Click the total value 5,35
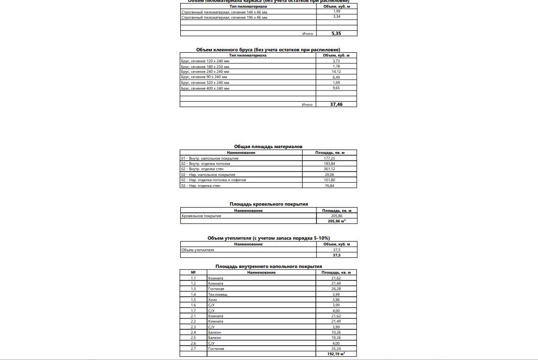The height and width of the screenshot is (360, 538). (x=336, y=34)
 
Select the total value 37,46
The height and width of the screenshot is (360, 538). (x=336, y=104)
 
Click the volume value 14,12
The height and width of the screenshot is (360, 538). (x=336, y=72)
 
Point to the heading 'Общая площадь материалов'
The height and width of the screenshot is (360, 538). (x=268, y=147)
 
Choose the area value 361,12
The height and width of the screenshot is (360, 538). (x=329, y=169)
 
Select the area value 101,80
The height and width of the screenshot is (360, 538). (x=329, y=180)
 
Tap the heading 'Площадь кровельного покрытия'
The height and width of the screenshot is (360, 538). (x=269, y=204)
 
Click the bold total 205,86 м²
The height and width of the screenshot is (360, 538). (x=337, y=221)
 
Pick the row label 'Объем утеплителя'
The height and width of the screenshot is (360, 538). (x=198, y=250)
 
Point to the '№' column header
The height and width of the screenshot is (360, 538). (x=193, y=272)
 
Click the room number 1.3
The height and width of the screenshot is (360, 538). (x=193, y=289)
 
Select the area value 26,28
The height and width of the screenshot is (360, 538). (x=336, y=289)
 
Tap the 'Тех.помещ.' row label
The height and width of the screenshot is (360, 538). (x=218, y=294)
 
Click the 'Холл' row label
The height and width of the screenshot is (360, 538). (x=212, y=300)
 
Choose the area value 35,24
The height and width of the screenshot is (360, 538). (x=336, y=349)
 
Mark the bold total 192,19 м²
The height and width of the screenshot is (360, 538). (x=336, y=354)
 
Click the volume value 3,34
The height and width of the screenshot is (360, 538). (x=337, y=17)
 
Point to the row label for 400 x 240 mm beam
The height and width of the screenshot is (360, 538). (x=205, y=89)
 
